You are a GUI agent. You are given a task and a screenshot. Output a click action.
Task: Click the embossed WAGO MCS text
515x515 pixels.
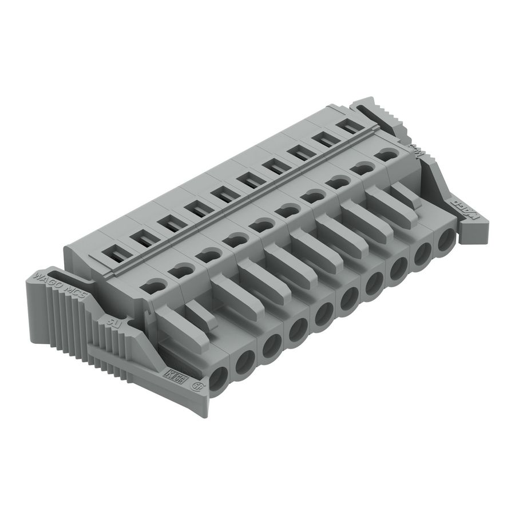(61, 282)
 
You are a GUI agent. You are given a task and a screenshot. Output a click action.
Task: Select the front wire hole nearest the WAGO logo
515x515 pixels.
(446, 243)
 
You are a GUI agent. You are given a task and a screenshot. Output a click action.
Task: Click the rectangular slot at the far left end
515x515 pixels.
(113, 251)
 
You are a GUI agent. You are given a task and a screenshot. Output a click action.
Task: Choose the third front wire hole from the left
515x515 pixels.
(270, 346)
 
